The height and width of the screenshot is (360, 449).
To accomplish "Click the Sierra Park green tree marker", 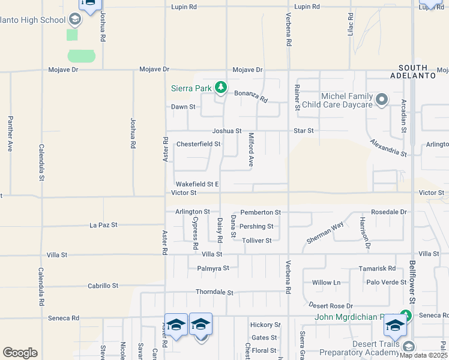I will point(221,88).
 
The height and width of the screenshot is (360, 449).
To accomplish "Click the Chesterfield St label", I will point(198,144).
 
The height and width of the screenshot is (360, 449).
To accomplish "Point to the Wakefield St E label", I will point(197,184).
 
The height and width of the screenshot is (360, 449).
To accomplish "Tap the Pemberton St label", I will point(261,212).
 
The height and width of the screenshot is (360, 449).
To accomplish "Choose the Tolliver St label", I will point(256,241).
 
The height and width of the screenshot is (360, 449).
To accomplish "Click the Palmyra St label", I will point(213,268).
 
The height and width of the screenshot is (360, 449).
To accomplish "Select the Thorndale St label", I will point(214,292).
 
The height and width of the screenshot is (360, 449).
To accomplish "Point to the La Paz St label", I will point(103,225).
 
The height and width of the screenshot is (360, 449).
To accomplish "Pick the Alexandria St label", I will point(388,148).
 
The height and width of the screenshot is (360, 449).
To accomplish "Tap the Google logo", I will point(20,353).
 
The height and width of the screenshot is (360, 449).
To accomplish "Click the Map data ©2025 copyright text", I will point(424,355).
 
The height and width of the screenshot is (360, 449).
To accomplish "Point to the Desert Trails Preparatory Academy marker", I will point(409,347).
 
